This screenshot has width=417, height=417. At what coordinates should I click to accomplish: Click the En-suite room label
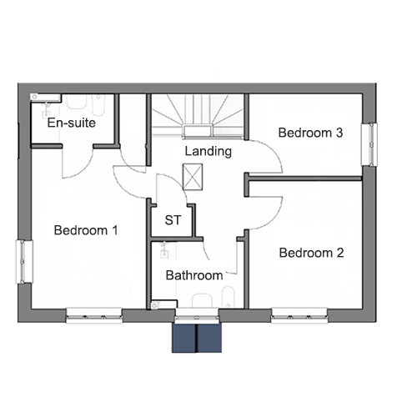72,123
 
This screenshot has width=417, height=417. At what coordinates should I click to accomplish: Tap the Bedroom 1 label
86,230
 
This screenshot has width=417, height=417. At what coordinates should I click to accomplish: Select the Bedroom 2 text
311,253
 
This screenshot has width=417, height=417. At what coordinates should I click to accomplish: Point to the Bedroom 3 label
310,133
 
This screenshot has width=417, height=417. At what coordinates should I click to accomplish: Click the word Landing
208,152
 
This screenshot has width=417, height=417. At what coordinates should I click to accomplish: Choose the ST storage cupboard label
173,220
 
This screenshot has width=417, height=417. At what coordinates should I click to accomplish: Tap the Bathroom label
194,275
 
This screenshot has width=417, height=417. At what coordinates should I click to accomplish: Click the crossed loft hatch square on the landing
193,177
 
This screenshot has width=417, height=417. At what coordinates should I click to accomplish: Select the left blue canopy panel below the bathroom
184,338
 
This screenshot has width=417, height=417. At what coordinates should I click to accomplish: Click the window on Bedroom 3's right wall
369,144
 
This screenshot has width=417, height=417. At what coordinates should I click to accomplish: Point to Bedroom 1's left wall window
24,262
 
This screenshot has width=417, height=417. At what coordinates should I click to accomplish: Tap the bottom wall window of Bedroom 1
94,315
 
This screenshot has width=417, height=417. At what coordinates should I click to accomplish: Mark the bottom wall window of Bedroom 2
299,315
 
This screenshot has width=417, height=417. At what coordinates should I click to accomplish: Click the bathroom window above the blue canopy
197,314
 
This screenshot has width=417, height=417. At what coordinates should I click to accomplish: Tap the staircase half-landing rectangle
198,132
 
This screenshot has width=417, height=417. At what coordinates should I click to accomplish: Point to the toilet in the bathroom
202,300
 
